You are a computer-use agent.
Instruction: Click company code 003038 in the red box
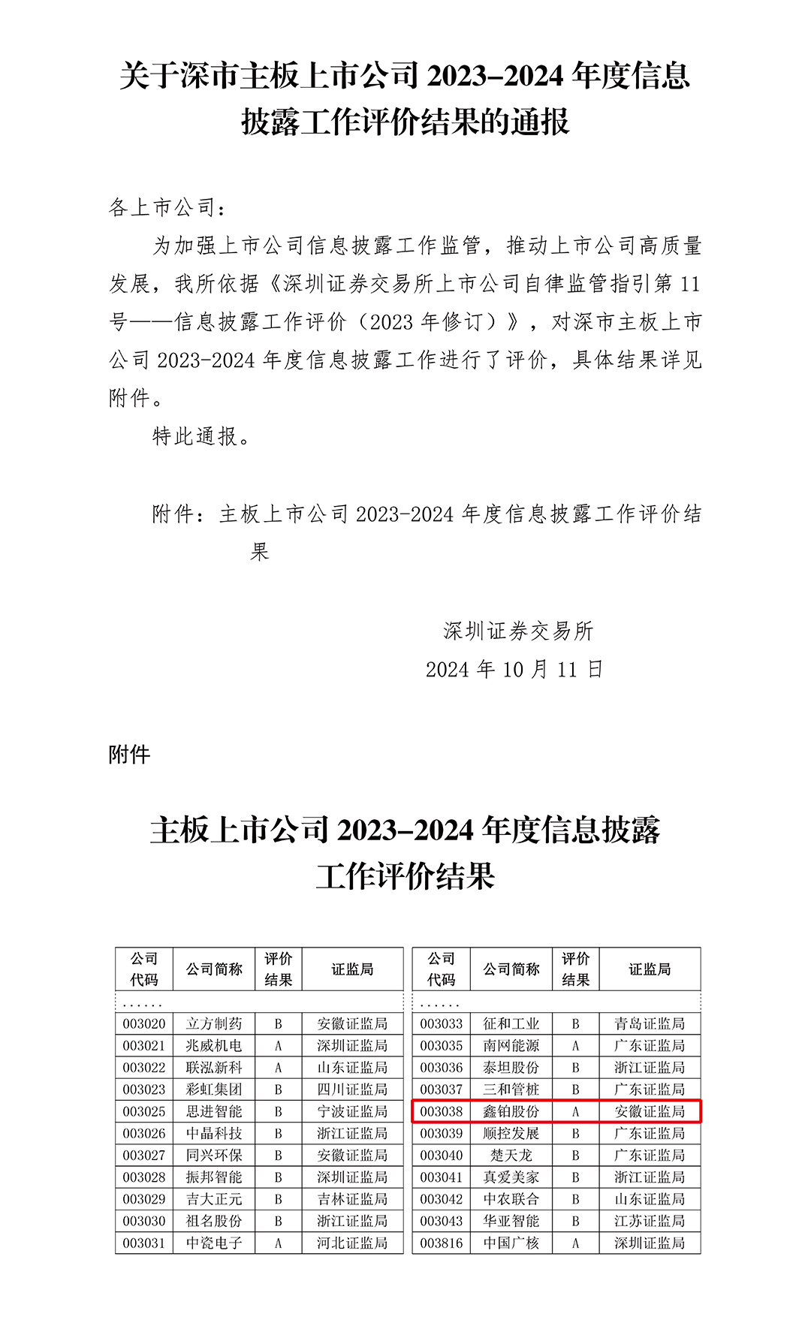(x=442, y=1111)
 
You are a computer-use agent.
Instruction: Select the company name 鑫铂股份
(x=511, y=1111)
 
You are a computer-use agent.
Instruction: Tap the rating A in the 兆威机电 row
(x=278, y=1045)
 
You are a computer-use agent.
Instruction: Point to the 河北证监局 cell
(x=352, y=1243)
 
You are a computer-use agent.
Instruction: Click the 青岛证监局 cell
(x=650, y=1023)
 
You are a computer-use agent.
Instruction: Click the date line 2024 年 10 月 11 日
(x=514, y=669)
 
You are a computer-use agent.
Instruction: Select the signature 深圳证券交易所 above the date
(x=518, y=631)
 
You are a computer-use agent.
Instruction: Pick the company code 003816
(x=442, y=1243)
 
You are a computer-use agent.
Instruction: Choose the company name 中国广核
(x=511, y=1243)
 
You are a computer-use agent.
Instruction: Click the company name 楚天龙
(x=511, y=1155)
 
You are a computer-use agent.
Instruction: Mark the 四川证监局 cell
(x=352, y=1089)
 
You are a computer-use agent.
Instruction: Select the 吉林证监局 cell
(x=352, y=1199)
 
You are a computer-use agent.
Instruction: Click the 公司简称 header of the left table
(x=214, y=969)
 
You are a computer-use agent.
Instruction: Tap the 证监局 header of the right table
(x=650, y=969)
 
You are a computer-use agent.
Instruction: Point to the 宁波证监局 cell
(x=352, y=1111)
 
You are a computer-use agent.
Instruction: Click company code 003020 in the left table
(x=144, y=1023)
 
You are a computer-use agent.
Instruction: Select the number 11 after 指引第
(x=689, y=284)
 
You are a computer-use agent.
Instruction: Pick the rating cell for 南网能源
(x=575, y=1045)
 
